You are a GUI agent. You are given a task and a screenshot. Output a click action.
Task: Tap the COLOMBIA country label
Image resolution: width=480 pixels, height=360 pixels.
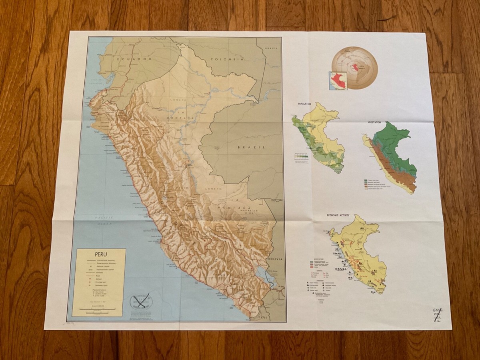(x=227, y=59)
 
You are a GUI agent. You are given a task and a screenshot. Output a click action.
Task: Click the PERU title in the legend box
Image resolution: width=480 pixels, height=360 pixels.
(x=101, y=254)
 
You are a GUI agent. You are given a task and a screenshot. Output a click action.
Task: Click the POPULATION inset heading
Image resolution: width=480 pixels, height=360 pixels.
(x=304, y=104)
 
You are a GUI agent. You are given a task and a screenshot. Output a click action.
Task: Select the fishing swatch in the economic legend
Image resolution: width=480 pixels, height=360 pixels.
(x=320, y=303)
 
